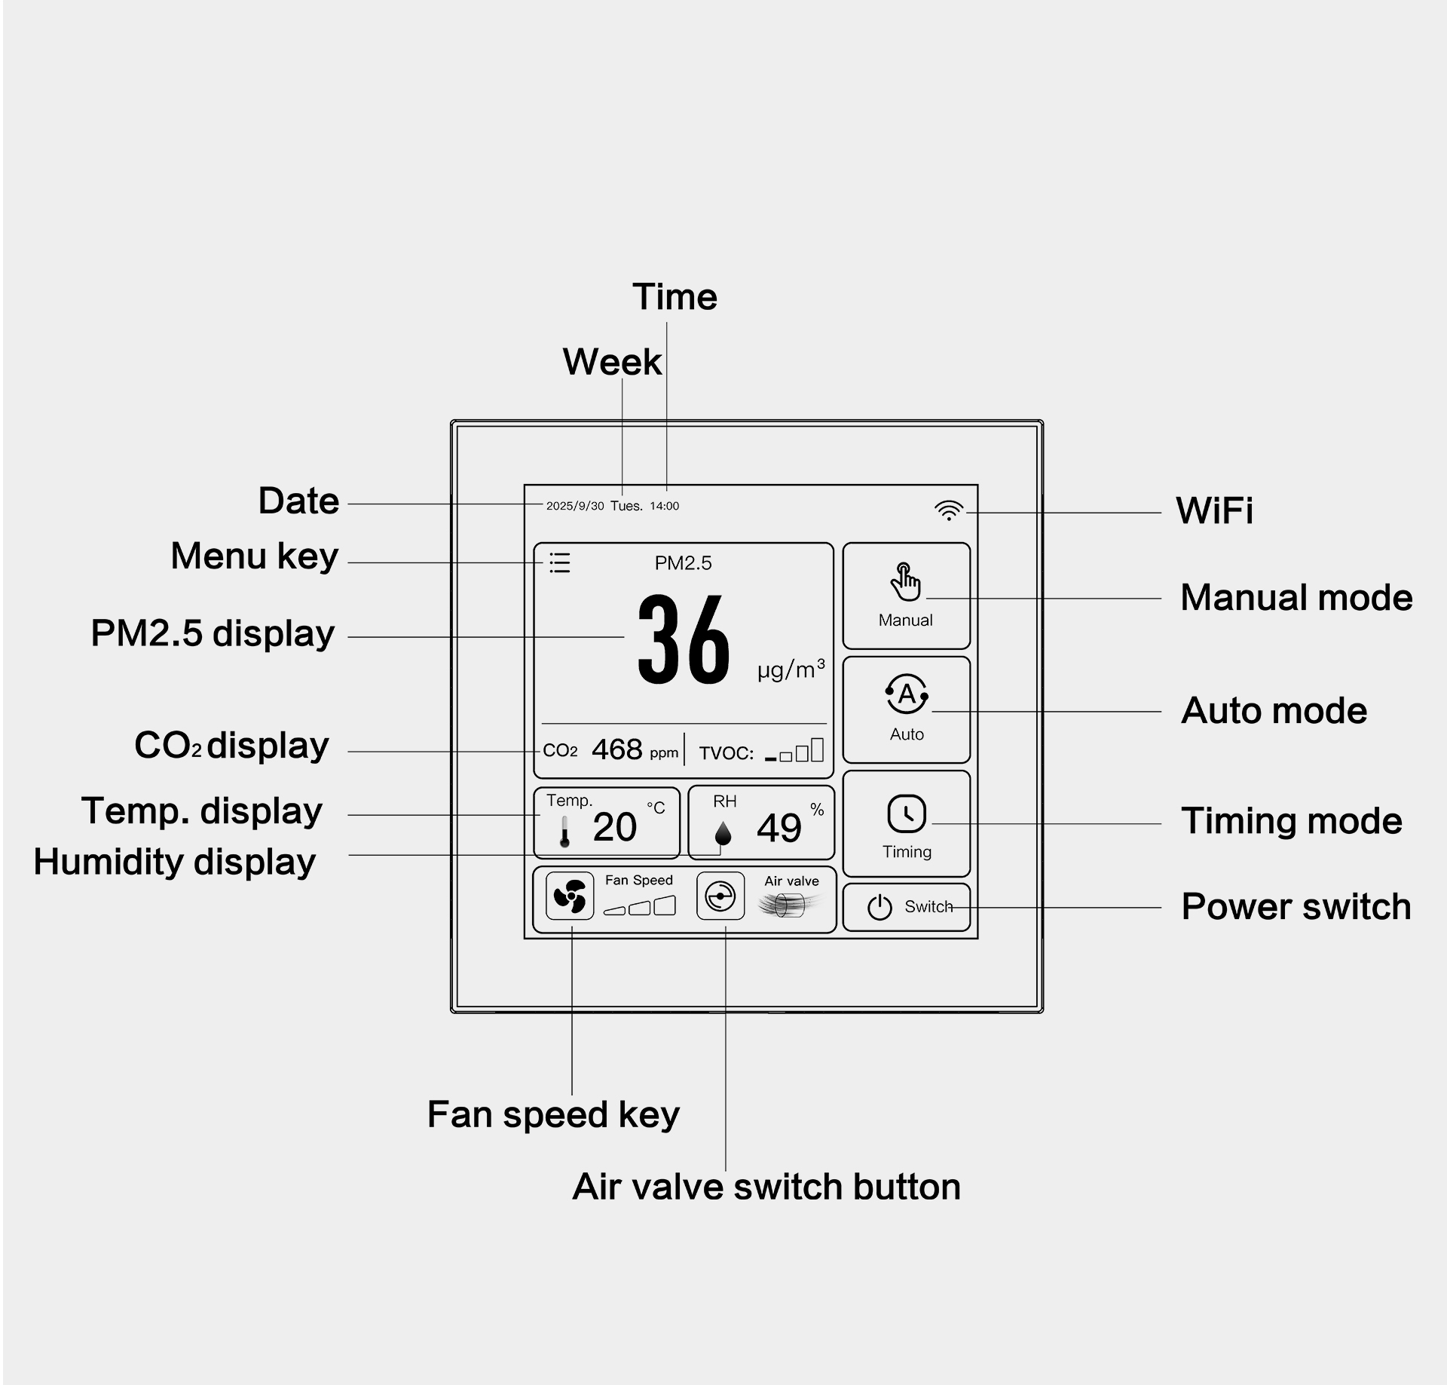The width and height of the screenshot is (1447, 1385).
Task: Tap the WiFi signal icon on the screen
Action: [949, 510]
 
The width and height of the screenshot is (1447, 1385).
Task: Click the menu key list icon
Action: [559, 562]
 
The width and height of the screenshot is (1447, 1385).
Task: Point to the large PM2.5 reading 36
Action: [684, 639]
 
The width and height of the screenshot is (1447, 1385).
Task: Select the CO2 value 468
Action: [617, 749]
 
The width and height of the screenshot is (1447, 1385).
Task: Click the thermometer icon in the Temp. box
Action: [564, 831]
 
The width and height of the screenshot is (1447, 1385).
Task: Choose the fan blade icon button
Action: [570, 896]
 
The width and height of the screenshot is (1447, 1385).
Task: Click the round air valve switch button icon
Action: [720, 896]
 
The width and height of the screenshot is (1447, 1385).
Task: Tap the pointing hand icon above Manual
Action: [905, 581]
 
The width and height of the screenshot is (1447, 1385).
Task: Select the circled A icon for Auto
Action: [907, 694]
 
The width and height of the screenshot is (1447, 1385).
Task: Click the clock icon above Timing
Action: [907, 814]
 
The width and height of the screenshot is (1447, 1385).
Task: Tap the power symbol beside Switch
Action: [880, 907]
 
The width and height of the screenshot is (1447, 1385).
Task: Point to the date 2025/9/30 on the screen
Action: [575, 506]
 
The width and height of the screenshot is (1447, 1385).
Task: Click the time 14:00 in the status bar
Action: [664, 506]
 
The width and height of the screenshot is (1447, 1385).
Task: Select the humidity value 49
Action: [779, 828]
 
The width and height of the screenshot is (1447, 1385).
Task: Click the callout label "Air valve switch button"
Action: [766, 1187]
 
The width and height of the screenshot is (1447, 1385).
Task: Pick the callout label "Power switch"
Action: [1296, 906]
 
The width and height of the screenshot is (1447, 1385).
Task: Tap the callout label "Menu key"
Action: [255, 556]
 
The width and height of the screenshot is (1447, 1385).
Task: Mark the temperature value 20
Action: [614, 827]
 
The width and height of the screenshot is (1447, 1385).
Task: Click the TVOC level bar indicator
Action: [794, 751]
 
